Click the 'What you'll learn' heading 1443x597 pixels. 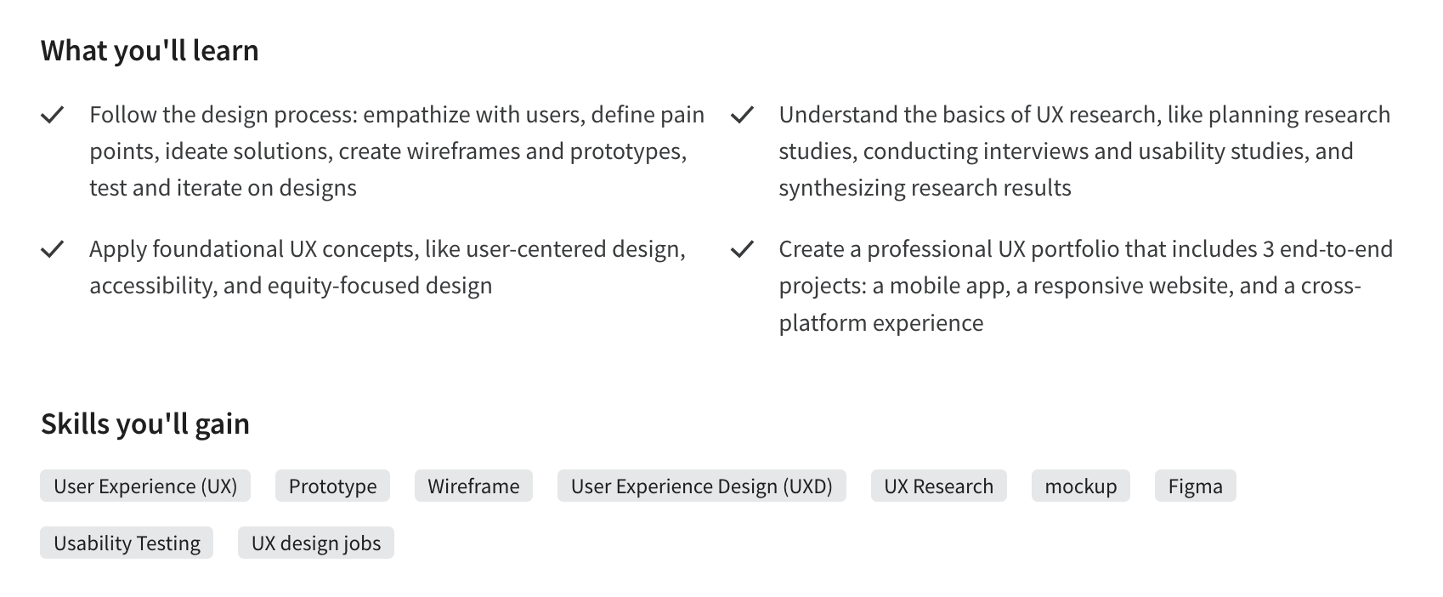(150, 51)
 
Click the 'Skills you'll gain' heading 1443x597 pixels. (145, 424)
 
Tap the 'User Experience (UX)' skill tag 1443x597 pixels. (145, 486)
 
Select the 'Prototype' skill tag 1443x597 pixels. (332, 486)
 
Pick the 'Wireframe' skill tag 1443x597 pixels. (473, 486)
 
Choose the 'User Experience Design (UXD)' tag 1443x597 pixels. (701, 486)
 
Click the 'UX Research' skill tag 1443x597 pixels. (938, 486)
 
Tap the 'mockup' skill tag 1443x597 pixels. (1080, 486)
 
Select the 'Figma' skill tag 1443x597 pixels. (1195, 486)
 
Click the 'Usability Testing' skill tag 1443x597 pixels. (127, 543)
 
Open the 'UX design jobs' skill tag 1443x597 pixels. (316, 543)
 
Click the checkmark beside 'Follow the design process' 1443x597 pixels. (53, 115)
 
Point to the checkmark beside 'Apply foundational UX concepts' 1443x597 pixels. (53, 249)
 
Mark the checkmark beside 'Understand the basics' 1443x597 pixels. (742, 115)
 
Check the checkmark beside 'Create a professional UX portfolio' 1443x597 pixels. (742, 249)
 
